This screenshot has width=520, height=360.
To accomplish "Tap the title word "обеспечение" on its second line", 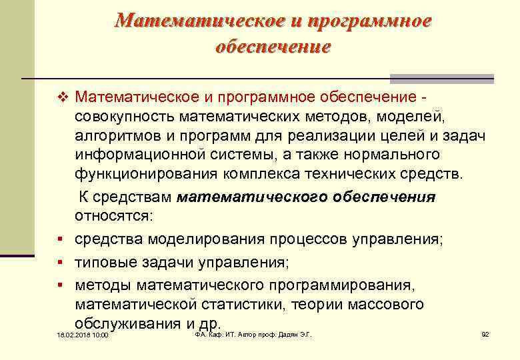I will [273, 47].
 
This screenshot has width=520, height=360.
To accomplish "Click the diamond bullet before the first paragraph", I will [64, 98].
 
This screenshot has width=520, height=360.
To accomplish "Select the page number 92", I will [485, 334].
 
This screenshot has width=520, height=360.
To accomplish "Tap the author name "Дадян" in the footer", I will [285, 334].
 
